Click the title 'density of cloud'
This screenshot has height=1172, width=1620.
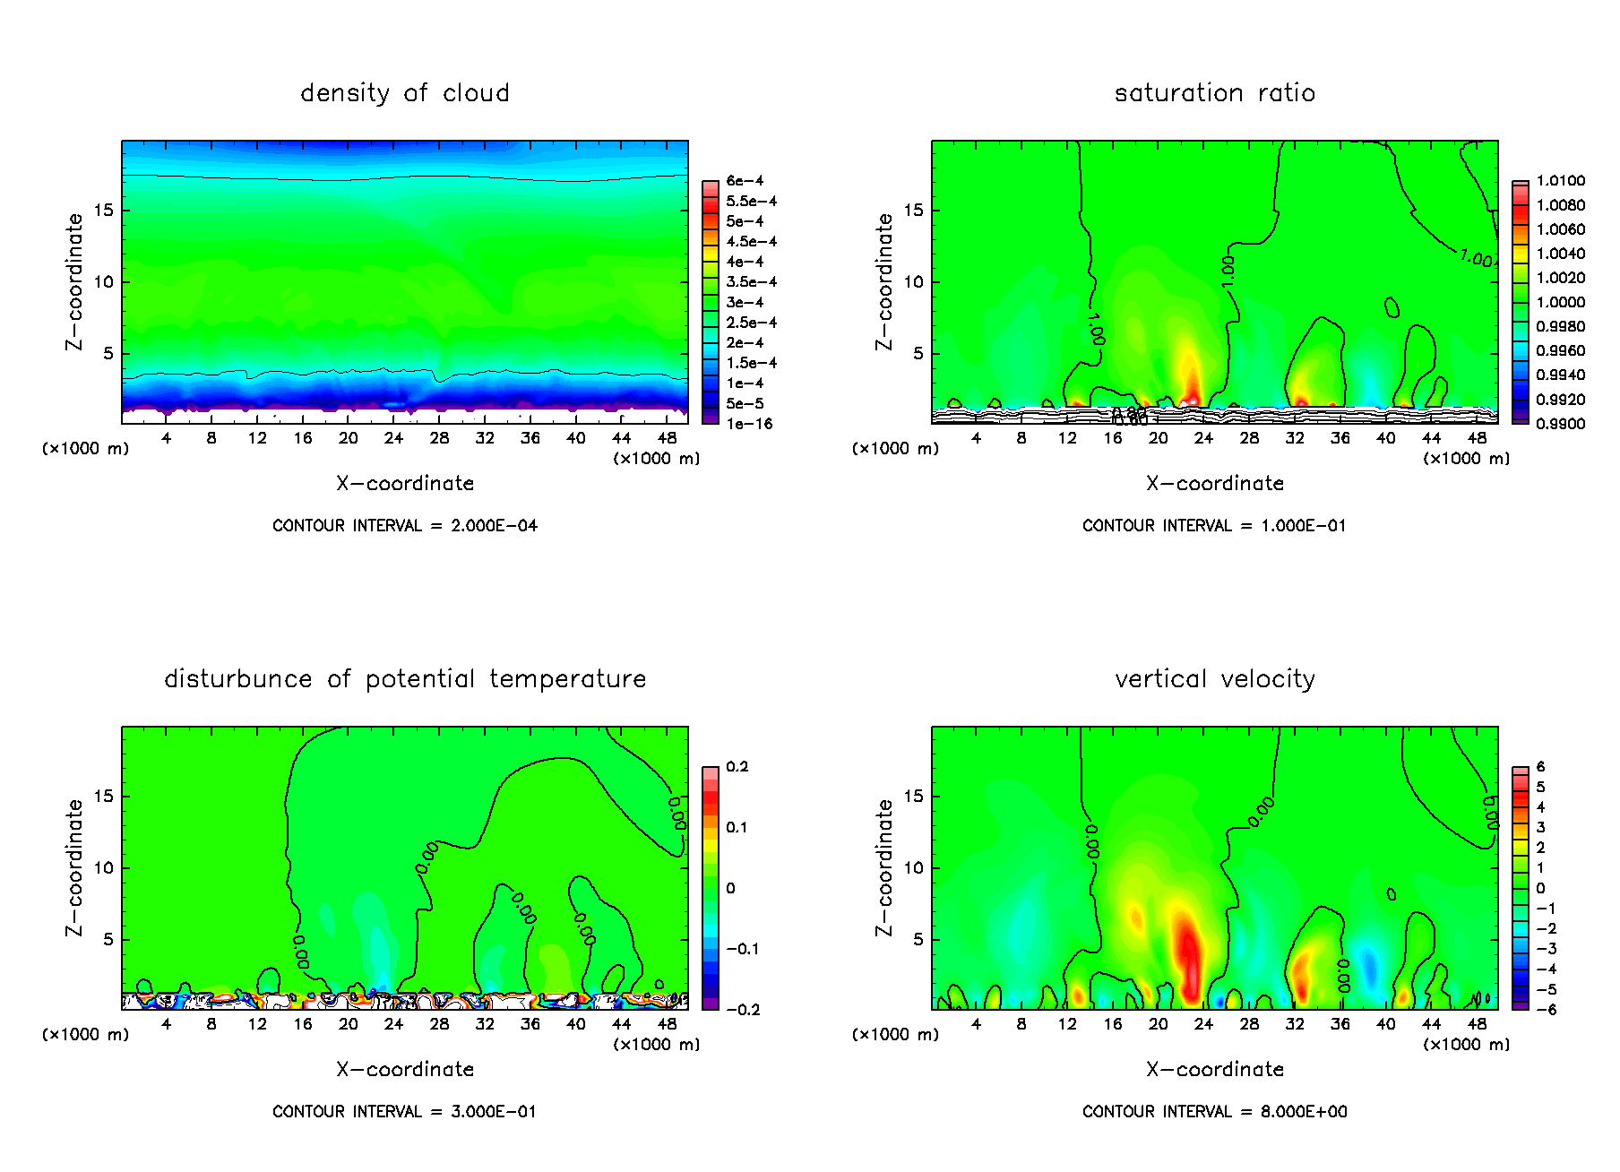point(404,93)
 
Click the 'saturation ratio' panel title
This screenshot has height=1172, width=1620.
point(1214,93)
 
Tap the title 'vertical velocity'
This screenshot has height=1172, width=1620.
point(1214,679)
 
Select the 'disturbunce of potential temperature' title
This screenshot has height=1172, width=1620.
point(404,679)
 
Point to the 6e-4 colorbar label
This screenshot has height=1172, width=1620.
point(745,181)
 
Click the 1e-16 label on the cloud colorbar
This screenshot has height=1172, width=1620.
point(749,424)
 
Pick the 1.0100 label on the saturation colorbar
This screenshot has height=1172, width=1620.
point(1560,181)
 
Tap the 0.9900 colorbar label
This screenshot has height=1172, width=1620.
point(1560,424)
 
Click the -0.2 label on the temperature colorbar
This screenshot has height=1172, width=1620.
point(743,1010)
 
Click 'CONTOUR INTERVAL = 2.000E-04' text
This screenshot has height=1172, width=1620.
point(404,526)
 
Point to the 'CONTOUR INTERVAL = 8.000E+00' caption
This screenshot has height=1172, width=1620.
point(1214,1112)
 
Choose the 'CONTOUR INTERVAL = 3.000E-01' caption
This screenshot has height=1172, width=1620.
point(404,1112)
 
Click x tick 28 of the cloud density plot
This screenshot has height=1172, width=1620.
point(439,438)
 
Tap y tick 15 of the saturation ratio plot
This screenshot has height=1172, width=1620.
point(912,211)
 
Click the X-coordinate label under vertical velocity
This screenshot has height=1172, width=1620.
point(1214,1070)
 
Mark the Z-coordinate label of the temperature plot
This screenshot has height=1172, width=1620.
point(74,867)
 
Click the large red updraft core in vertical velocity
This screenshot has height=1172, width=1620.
point(1188,954)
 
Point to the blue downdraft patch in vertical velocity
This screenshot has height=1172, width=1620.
point(1368,968)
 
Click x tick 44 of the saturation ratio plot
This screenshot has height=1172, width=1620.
point(1431,438)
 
